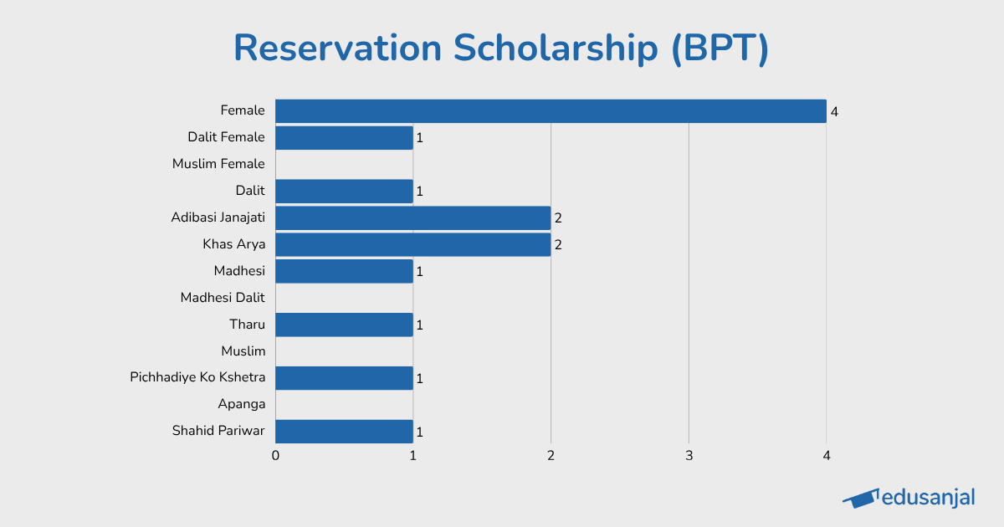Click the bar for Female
click(551, 111)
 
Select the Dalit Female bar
click(344, 138)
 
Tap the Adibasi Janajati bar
click(412, 218)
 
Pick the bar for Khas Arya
click(412, 245)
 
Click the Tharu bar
click(344, 325)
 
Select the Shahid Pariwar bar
click(344, 432)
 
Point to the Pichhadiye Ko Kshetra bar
click(344, 378)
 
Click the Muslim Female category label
click(218, 164)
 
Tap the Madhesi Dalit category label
click(223, 298)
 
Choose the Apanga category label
click(242, 405)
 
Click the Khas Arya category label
click(233, 244)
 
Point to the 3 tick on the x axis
click(689, 456)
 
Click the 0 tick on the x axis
click(275, 456)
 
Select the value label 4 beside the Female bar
click(834, 111)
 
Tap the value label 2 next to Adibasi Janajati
click(558, 218)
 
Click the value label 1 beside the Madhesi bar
click(420, 272)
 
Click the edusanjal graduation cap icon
click(860, 499)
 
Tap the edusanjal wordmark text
click(929, 498)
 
